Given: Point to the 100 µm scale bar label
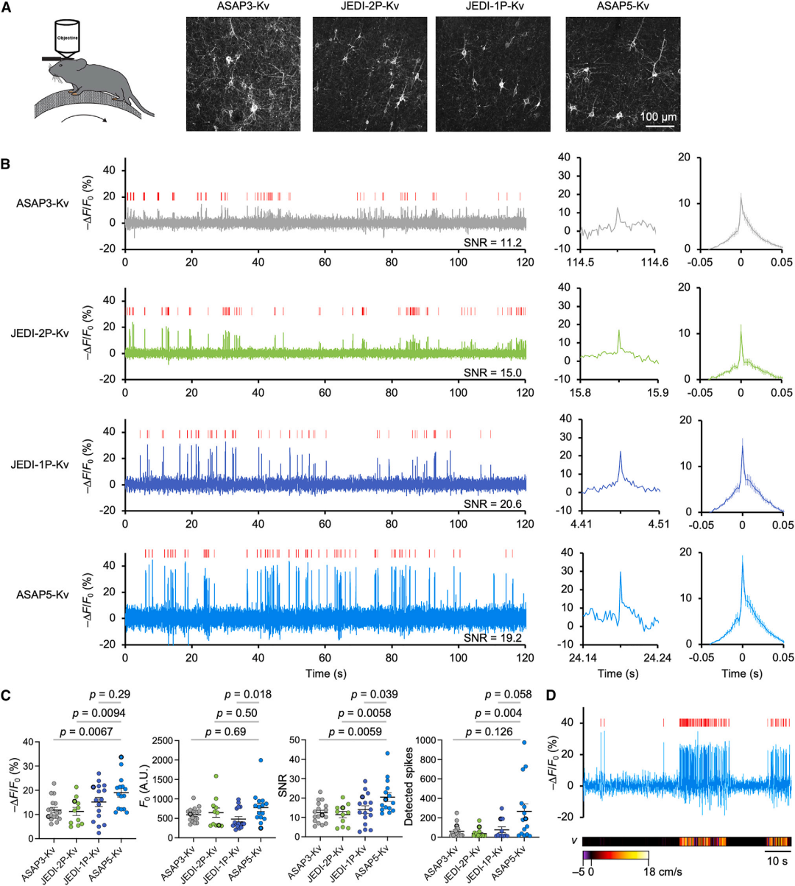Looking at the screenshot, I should pyautogui.click(x=658, y=117).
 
